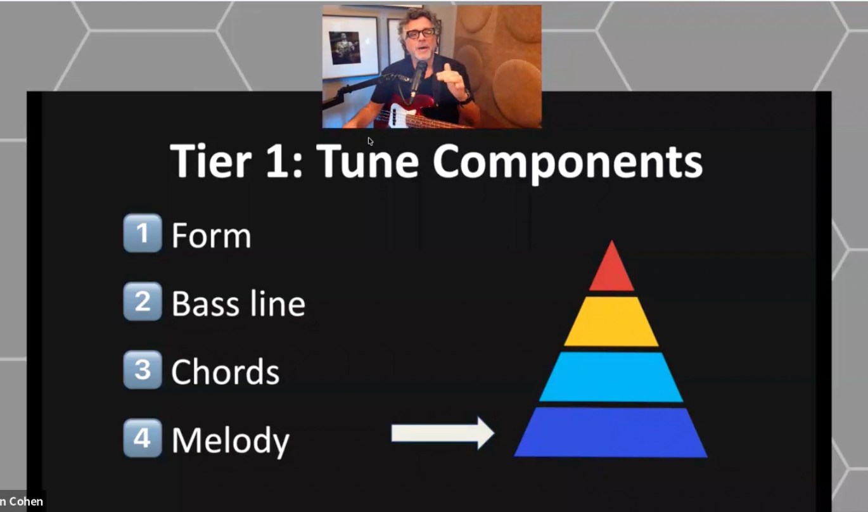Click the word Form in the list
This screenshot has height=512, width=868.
click(211, 235)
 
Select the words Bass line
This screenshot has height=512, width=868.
click(238, 303)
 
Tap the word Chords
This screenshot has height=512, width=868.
click(225, 371)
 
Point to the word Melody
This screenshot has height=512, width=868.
click(231, 441)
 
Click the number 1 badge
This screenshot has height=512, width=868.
click(143, 233)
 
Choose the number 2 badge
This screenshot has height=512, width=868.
click(143, 301)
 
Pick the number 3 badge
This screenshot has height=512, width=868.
click(143, 369)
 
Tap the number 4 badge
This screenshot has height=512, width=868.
click(143, 438)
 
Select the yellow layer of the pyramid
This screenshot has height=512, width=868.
click(611, 322)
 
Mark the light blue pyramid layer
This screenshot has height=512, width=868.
click(611, 377)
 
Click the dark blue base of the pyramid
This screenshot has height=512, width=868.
click(611, 433)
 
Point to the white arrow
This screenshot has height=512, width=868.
click(442, 433)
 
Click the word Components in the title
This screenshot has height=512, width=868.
click(567, 163)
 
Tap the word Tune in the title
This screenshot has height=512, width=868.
click(367, 161)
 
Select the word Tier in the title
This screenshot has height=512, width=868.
click(211, 160)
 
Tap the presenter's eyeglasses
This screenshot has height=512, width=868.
click(421, 34)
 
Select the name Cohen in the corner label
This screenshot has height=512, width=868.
click(26, 501)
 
